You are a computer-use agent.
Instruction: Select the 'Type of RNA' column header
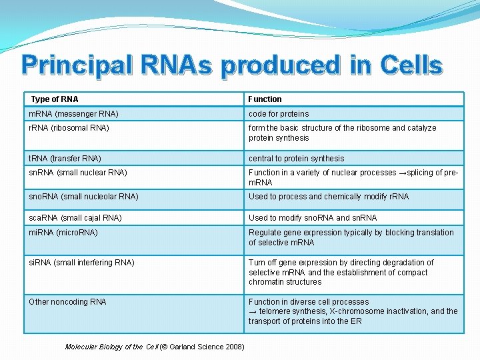[x=55, y=99]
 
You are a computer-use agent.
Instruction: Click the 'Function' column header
[x=265, y=99]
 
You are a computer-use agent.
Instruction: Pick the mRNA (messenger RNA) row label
[x=73, y=114]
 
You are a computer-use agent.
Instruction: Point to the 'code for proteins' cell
[x=279, y=114]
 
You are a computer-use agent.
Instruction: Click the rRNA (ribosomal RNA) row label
[x=69, y=128]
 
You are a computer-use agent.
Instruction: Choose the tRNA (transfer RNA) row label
[x=65, y=159]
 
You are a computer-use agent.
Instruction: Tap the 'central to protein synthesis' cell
[x=297, y=159]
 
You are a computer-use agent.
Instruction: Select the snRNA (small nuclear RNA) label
[x=78, y=173]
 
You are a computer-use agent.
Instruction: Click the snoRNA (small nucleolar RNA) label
[x=83, y=197]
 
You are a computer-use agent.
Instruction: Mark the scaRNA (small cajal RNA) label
[x=75, y=218]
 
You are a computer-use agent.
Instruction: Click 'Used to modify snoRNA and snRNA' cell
[x=313, y=218]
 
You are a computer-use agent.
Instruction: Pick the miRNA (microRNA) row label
[x=63, y=233]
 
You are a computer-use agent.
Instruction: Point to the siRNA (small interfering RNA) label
[x=81, y=263]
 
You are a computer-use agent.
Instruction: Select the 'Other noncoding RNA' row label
[x=67, y=302]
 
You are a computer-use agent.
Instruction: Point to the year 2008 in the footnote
[x=233, y=347]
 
